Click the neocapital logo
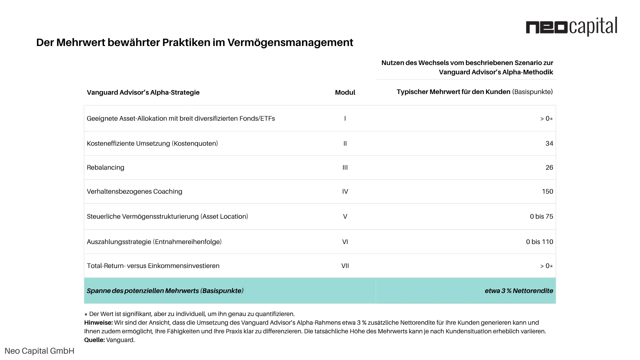[x=571, y=27]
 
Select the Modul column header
[x=345, y=92]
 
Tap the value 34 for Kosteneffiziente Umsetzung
[x=549, y=143]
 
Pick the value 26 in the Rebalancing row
[x=549, y=167]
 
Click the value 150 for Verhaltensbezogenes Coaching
[x=547, y=191]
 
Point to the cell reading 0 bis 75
[x=541, y=216]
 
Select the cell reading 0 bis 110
[x=539, y=242]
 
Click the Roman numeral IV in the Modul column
[x=345, y=191]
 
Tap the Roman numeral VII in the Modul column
[x=345, y=266]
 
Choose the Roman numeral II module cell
[x=345, y=143]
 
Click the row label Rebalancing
[x=105, y=167]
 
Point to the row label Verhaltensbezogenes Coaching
[x=134, y=191]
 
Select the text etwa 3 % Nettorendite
[x=519, y=291]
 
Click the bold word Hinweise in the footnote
[x=98, y=323]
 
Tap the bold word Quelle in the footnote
[x=94, y=340]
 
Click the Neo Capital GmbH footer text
[x=39, y=351]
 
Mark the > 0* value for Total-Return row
[x=546, y=266]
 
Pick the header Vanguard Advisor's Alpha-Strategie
[x=143, y=92]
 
